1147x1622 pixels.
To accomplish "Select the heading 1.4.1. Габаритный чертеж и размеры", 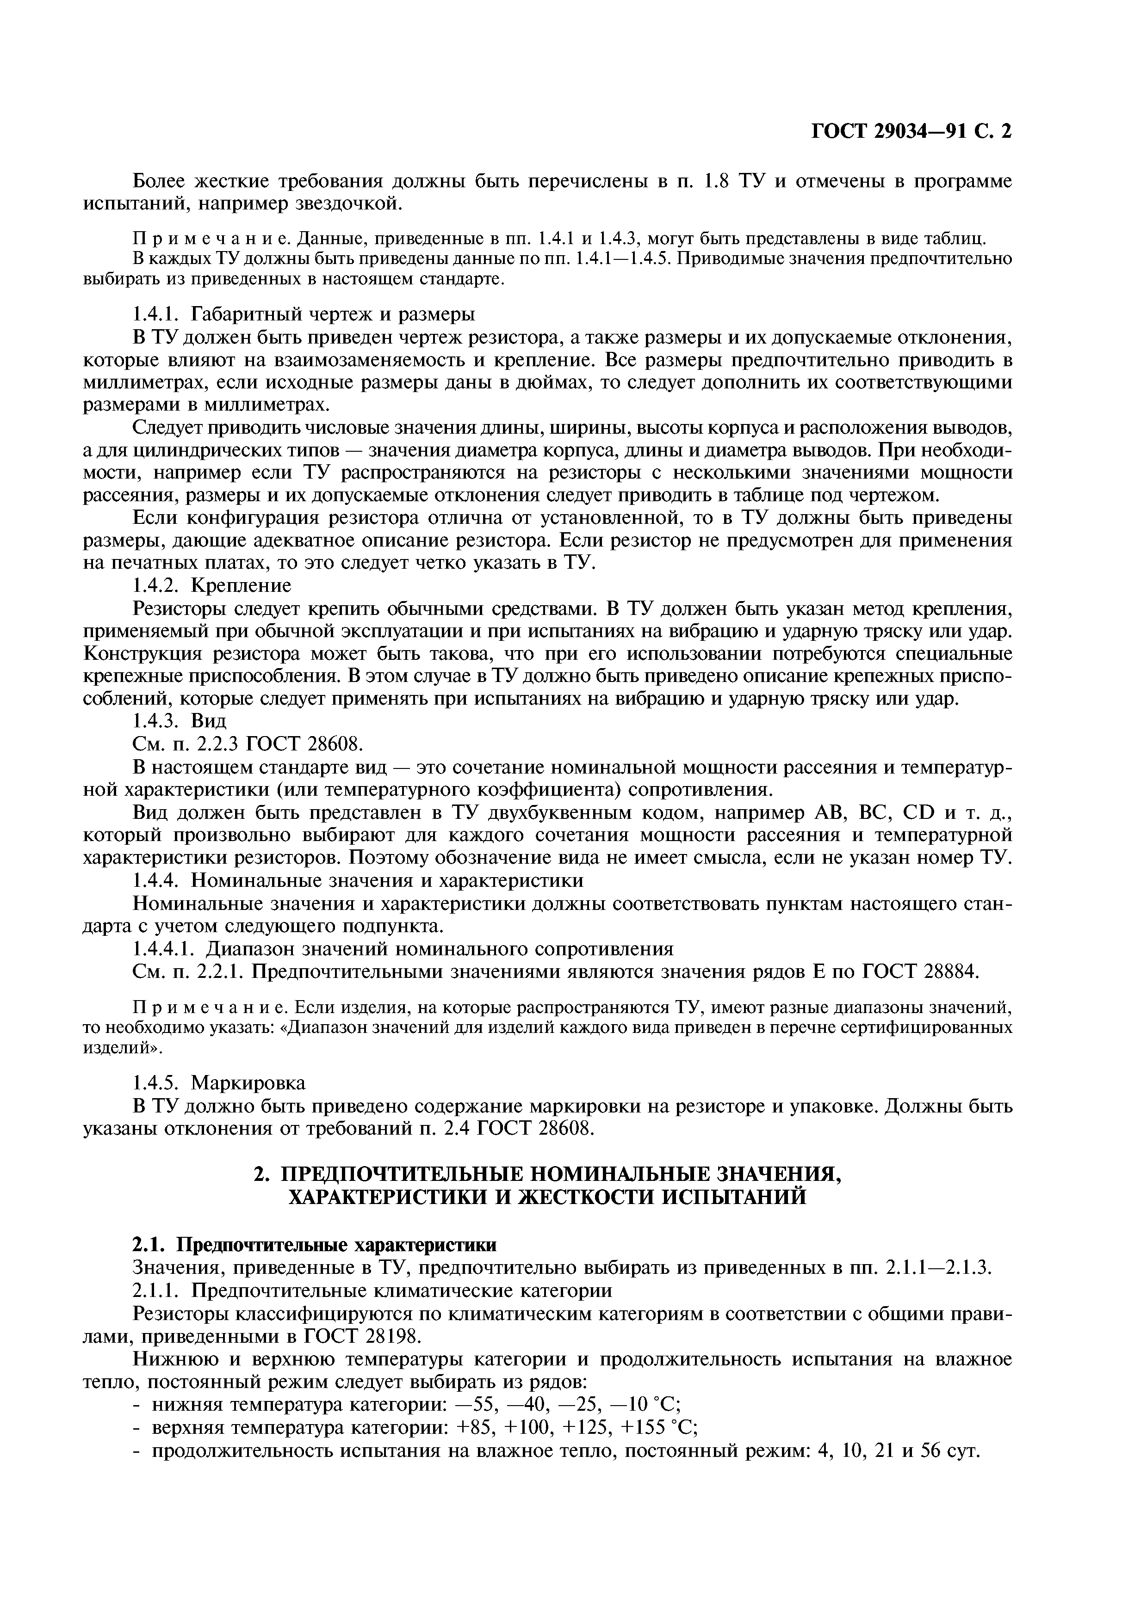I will (x=304, y=313).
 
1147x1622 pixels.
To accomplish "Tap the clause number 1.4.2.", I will (x=157, y=586).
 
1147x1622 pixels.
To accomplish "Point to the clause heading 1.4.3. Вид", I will (x=180, y=721).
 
